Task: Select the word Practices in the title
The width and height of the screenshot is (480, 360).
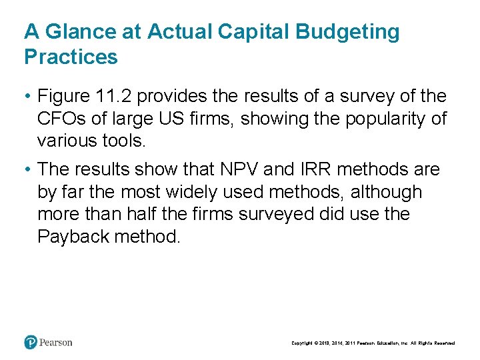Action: click(x=71, y=57)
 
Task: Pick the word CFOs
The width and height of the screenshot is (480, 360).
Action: click(x=61, y=119)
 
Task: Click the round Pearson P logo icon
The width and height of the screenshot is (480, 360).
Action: click(x=31, y=342)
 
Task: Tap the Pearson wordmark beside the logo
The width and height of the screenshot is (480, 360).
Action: click(x=55, y=343)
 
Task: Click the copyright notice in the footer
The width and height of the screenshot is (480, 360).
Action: click(x=373, y=343)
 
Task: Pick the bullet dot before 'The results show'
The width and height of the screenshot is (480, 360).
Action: click(x=27, y=170)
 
